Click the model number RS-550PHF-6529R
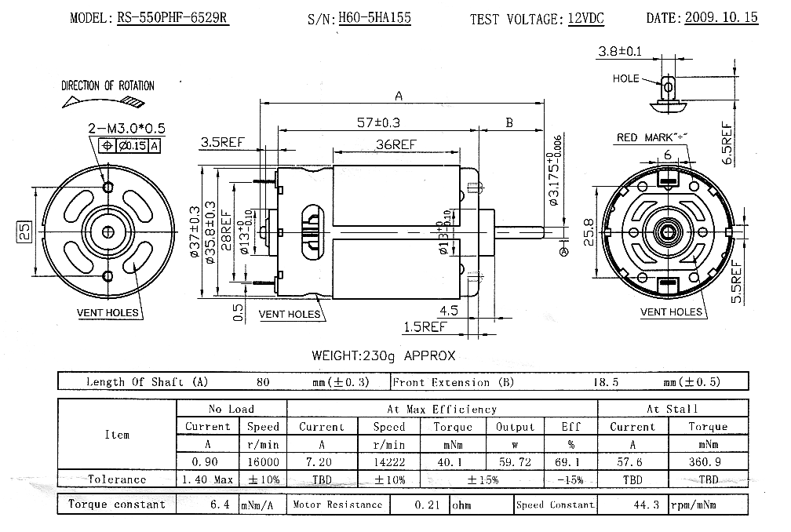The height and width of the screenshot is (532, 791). point(173,17)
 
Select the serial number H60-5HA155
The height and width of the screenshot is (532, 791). point(374,17)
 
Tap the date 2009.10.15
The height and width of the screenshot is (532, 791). point(721,17)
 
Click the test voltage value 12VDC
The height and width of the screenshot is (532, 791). point(585,18)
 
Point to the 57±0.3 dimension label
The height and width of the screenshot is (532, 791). point(378,123)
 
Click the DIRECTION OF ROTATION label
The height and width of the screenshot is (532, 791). point(108,86)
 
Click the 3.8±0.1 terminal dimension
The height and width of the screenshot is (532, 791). point(619,52)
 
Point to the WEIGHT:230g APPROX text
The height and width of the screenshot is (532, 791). point(383,355)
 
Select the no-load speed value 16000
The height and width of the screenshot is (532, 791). point(263,461)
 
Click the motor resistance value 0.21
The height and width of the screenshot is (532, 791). point(420,505)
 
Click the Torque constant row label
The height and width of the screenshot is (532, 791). point(117,505)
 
